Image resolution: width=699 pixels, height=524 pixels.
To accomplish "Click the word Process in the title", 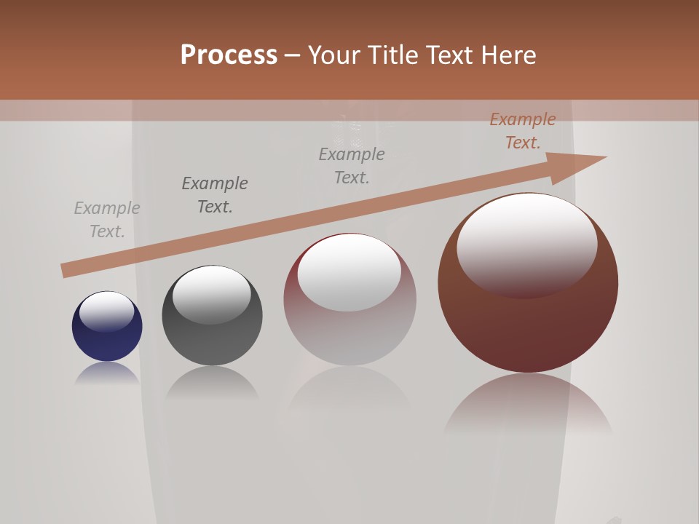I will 229,55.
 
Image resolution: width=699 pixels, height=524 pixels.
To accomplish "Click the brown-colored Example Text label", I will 523,131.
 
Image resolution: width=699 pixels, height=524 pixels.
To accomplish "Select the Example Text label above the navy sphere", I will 107,220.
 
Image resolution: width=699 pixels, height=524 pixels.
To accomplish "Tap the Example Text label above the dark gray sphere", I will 215,195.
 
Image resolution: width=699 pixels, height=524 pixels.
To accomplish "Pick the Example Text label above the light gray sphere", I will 352,166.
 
